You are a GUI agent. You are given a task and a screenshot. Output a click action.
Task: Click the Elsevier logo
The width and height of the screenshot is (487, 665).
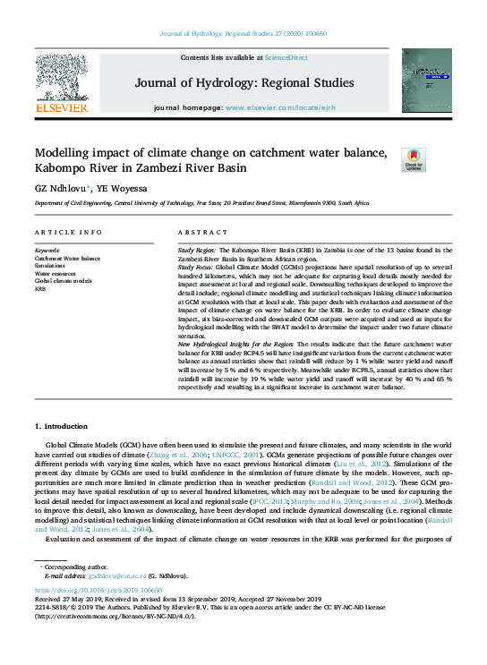61,82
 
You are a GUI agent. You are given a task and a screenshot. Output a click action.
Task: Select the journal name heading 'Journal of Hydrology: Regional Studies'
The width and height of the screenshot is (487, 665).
243,83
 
